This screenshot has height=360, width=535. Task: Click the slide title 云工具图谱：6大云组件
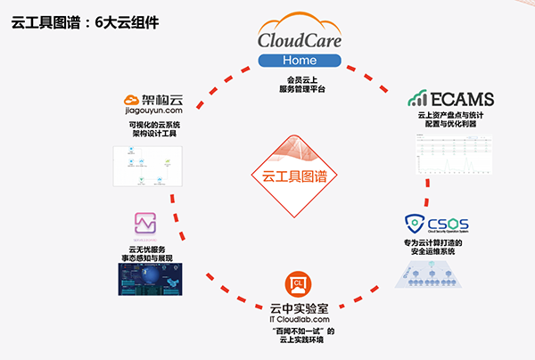pos(85,22)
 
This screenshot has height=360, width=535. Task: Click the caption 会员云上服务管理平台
pos(299,86)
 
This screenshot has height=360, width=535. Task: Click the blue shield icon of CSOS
pos(415,223)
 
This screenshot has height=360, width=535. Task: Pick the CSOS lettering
pos(449,222)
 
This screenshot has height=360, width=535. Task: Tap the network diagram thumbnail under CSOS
pos(437,274)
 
